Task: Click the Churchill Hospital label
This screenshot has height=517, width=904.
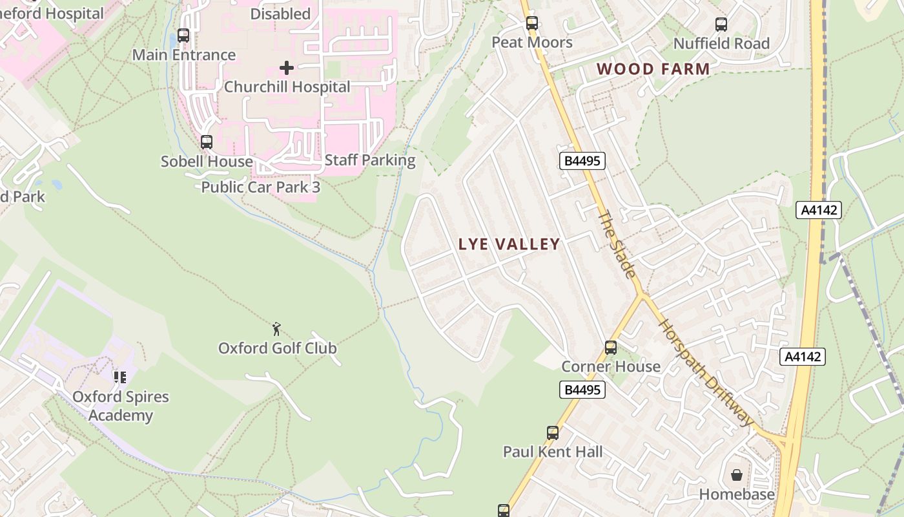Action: point(287,87)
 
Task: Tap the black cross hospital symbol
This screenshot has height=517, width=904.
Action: point(287,67)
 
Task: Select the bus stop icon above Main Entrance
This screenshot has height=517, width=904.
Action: point(183,36)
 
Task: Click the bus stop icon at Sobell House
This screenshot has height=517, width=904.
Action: point(207,142)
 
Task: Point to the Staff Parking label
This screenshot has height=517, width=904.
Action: point(370,160)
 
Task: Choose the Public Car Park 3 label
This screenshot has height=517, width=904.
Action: point(260,187)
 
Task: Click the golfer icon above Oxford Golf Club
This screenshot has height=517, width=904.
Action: point(277,329)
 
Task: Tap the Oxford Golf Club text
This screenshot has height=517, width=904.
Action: point(277,348)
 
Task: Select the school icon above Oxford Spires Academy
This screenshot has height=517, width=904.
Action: point(119,377)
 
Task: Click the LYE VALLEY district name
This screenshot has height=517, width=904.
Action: point(509,244)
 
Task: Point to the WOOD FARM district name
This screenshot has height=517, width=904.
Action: point(653,69)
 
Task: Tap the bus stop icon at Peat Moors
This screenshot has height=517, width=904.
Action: point(531,24)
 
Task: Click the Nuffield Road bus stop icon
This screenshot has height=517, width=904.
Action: point(721,25)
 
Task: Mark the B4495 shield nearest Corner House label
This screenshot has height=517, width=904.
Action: point(581,390)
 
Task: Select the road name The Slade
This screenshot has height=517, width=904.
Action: point(616,244)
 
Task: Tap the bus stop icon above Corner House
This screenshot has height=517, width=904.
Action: point(610,348)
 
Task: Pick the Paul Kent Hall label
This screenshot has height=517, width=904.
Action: point(553,452)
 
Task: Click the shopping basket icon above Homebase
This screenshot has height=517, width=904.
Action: point(737,476)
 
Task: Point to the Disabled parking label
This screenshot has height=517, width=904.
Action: point(280,14)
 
